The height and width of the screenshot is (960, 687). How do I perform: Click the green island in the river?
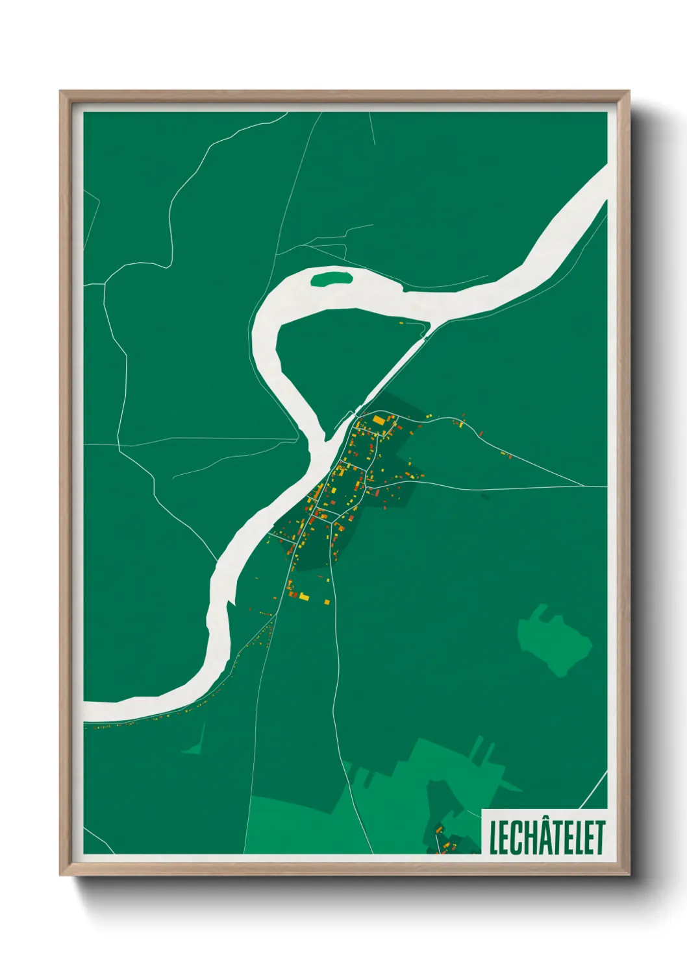(331, 280)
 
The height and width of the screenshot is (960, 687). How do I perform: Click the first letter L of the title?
(493, 838)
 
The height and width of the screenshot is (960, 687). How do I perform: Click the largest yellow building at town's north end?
(379, 420)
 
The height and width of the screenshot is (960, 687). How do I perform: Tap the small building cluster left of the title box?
(443, 840)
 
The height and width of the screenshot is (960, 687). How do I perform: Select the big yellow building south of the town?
(304, 595)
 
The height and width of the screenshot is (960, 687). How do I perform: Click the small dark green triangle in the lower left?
(195, 746)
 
